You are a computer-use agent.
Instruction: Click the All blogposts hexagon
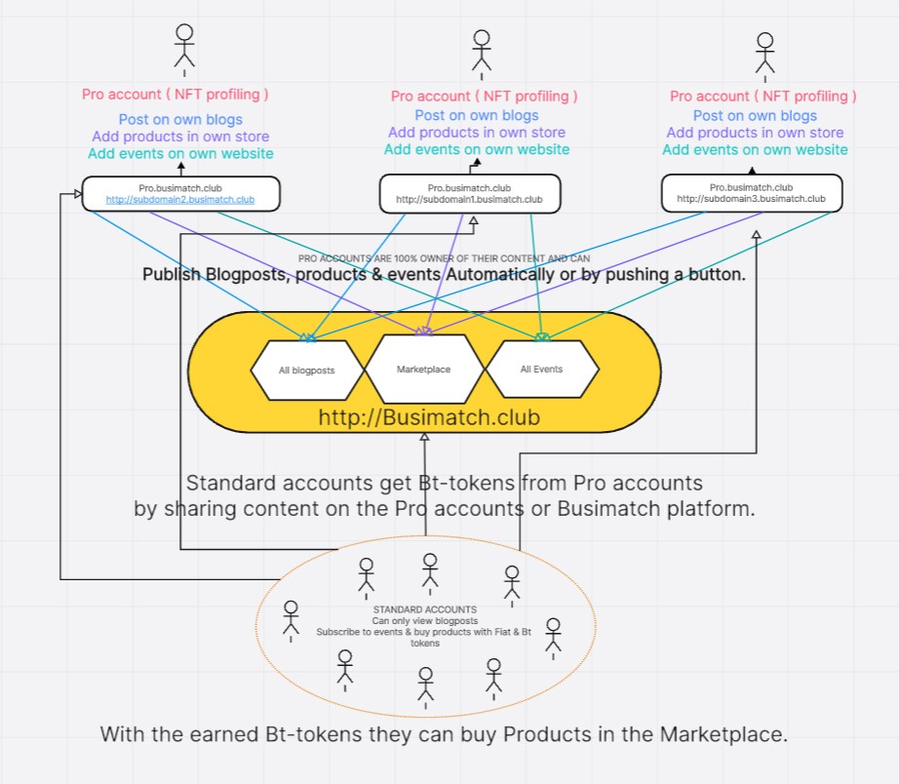point(306,371)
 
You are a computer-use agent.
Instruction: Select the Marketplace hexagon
point(424,370)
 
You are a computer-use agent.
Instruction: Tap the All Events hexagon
point(542,370)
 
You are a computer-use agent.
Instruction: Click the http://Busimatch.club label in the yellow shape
point(424,418)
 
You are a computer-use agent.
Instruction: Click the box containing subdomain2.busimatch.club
point(180,193)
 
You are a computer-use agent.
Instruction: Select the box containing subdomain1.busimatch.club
point(469,193)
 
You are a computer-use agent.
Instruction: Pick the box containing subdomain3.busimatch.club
point(751,192)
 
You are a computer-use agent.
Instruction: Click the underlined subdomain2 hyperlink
point(180,200)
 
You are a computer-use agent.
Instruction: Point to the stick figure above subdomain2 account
point(183,46)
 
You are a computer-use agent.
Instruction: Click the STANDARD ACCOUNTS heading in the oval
point(424,609)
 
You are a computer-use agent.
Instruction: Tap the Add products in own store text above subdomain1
point(477,133)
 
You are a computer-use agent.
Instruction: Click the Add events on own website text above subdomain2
point(180,153)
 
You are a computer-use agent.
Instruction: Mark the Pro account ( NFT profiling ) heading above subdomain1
point(484,96)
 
